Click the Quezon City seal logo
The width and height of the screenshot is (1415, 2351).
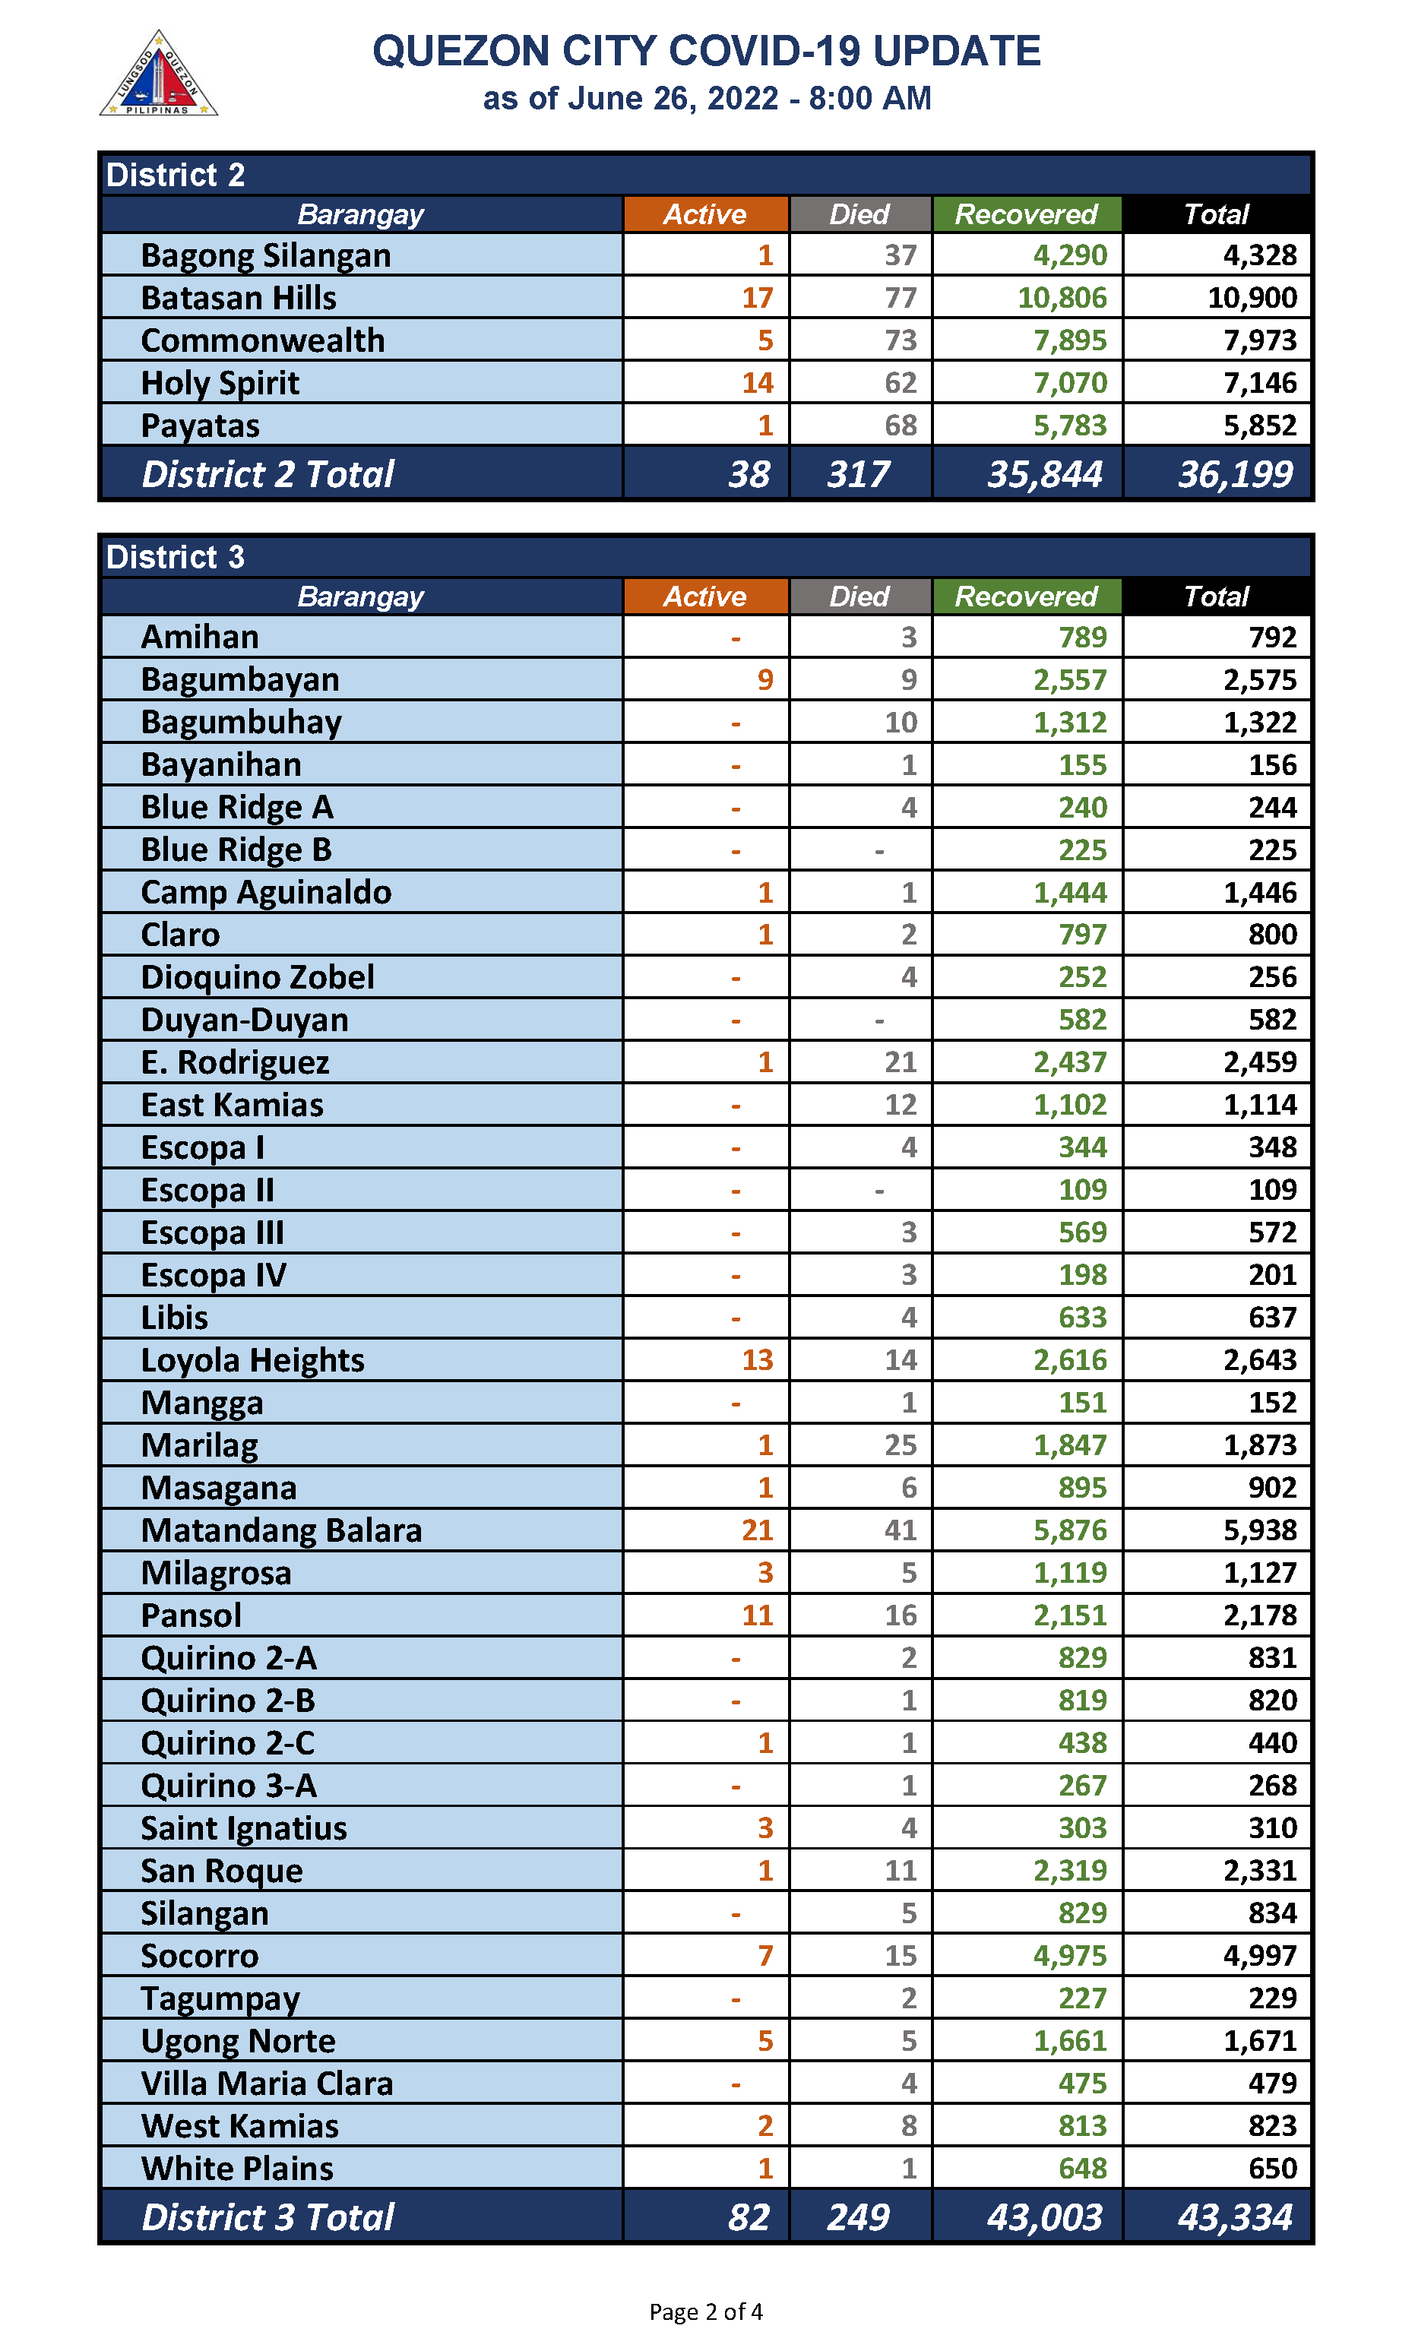coord(158,74)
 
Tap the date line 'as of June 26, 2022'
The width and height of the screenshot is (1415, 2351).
coord(707,98)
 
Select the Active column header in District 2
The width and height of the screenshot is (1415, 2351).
coord(704,214)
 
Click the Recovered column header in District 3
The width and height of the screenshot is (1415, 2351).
coord(1026,596)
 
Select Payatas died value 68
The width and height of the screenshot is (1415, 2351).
coord(900,426)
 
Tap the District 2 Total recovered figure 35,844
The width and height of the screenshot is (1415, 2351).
coord(1044,474)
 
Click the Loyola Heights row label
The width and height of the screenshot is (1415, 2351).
coord(252,1360)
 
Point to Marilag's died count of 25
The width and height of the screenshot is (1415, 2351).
coord(900,1445)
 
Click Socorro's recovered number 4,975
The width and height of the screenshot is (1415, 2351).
coord(1070,1955)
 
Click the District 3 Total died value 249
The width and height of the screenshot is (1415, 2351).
coord(858,2217)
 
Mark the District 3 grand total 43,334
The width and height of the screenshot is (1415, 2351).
coord(1235,2217)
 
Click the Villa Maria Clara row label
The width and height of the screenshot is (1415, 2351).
coord(267,2083)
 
